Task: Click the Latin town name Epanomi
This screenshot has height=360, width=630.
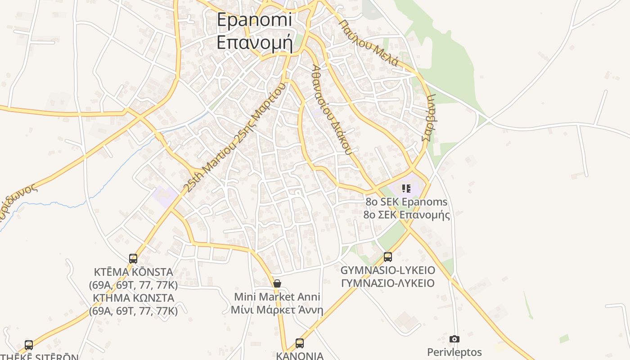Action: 254,20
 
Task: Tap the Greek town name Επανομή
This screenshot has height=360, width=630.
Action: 254,42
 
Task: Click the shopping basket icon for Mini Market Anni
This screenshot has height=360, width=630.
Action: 277,283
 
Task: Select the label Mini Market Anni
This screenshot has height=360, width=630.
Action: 277,297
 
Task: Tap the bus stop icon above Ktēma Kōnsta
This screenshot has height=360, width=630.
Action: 133,258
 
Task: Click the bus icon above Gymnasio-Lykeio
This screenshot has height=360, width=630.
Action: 388,257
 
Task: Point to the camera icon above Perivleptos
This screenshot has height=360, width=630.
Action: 454,339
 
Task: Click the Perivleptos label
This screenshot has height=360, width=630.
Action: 454,352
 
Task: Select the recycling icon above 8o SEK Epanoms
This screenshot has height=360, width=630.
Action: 406,189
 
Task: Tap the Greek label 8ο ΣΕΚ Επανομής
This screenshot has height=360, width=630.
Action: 407,215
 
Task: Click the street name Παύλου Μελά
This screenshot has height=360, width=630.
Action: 369,43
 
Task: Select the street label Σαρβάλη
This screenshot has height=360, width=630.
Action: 430,117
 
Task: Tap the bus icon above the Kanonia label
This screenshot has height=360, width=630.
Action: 300,343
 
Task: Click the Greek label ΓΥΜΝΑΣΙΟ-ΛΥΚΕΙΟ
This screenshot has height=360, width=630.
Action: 388,283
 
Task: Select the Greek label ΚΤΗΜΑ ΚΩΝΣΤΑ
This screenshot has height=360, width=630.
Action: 133,298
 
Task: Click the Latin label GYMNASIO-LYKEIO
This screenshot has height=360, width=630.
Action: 388,270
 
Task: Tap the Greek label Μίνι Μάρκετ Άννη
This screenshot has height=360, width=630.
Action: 277,310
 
